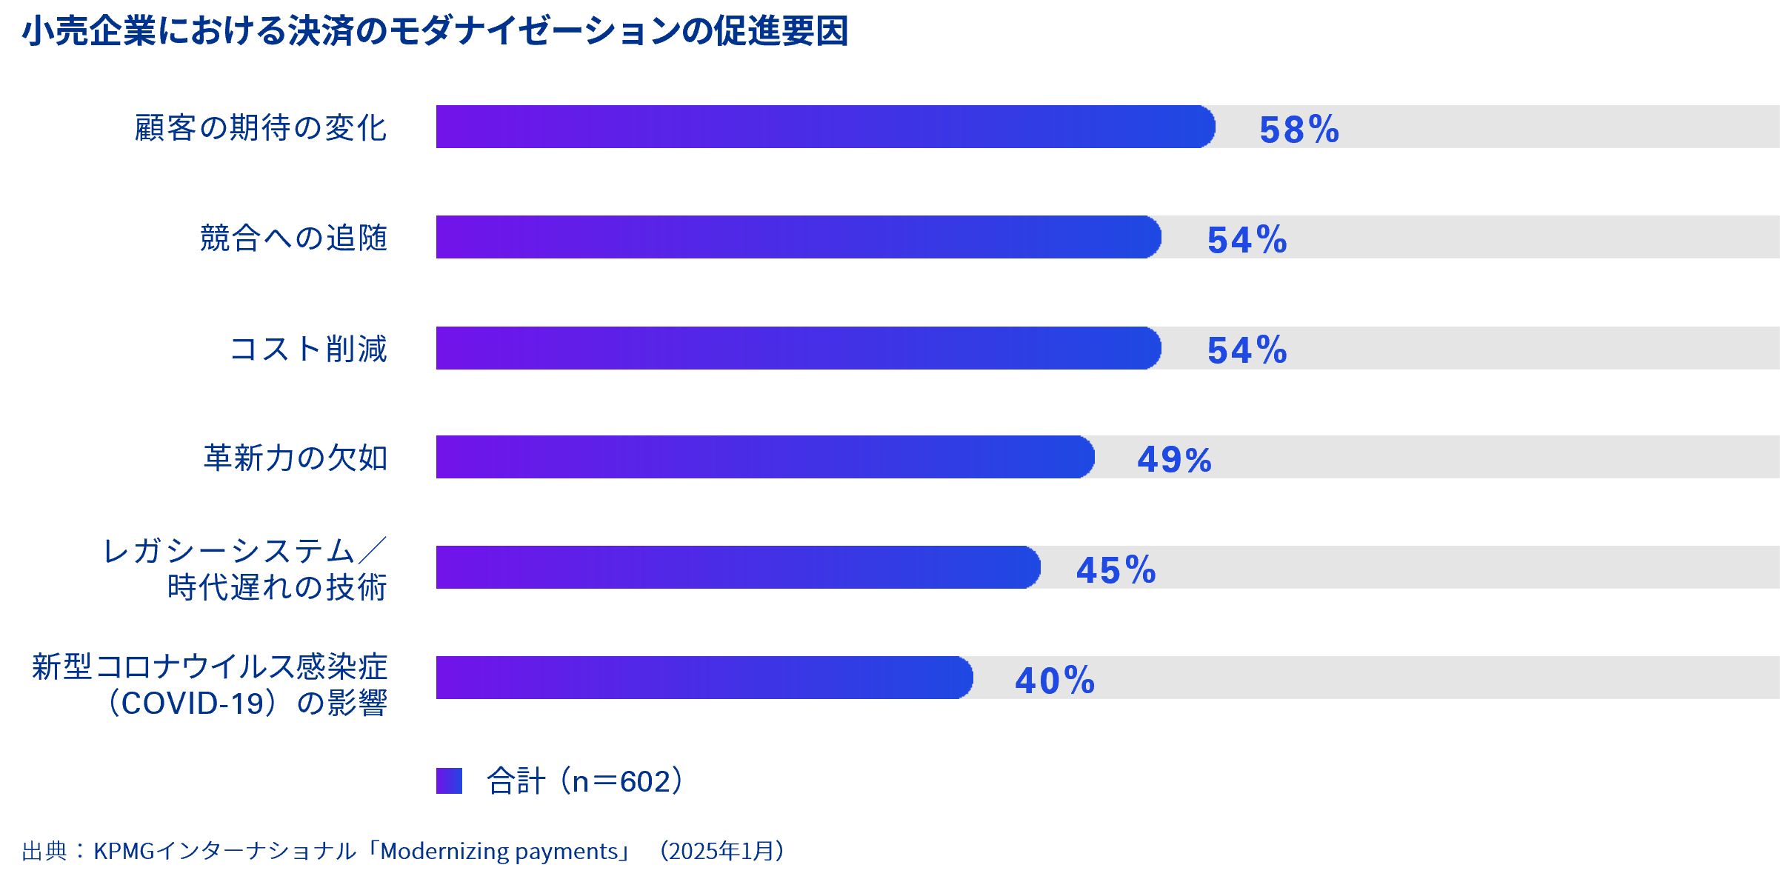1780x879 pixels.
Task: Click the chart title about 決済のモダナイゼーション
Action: [x=435, y=31]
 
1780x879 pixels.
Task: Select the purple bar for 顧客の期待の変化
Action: [x=824, y=127]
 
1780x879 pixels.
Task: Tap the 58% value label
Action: [x=1299, y=130]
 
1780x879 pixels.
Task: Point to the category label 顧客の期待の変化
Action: [x=261, y=127]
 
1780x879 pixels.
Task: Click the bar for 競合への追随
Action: [x=798, y=237]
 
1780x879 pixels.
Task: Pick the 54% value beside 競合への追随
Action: [x=1247, y=240]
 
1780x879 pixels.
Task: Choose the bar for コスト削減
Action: [x=798, y=348]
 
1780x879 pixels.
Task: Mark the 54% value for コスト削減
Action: [x=1247, y=350]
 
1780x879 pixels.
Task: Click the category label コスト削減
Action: [x=309, y=349]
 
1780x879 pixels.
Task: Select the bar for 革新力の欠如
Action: [x=764, y=457]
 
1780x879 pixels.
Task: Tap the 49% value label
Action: [x=1175, y=460]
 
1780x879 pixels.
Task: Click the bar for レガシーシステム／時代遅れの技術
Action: [x=738, y=567]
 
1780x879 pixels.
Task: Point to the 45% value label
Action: [x=1116, y=570]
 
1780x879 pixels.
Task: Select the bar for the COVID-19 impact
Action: [x=704, y=678]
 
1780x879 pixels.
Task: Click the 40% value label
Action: [x=1055, y=681]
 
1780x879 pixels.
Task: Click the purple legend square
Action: [x=449, y=781]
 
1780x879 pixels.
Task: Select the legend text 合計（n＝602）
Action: [x=585, y=781]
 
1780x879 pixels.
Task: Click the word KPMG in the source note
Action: [x=124, y=851]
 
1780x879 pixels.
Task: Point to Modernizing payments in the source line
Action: [x=499, y=851]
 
